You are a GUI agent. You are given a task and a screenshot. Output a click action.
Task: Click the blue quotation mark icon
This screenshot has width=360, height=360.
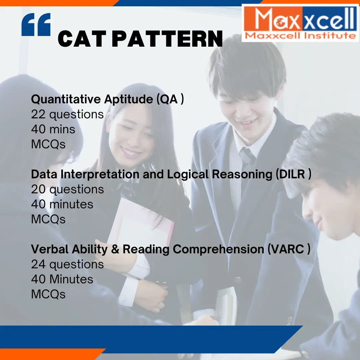point(36,25)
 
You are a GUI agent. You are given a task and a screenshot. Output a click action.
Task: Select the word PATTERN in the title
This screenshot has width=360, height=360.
point(167,39)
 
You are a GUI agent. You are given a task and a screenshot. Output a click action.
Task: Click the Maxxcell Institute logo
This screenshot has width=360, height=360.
point(300,23)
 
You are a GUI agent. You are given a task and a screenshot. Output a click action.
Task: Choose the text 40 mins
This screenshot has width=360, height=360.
point(53,129)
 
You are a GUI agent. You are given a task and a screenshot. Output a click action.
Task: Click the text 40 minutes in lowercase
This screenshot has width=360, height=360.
point(62,204)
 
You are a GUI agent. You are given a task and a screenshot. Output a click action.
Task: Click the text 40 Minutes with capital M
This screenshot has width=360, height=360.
point(62,279)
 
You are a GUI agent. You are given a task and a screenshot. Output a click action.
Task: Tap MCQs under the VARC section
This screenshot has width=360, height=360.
point(48,294)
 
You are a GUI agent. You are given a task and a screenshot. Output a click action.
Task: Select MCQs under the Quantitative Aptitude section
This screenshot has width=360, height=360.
point(48,144)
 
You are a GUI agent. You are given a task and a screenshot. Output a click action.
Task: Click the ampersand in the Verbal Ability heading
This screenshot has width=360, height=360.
point(115,249)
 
